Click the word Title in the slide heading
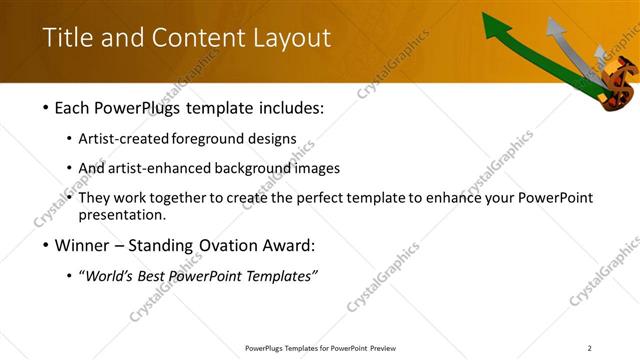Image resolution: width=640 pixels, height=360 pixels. click(65, 38)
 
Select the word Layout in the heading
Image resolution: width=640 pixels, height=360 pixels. click(290, 38)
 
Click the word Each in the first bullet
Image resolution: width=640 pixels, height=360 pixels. click(73, 107)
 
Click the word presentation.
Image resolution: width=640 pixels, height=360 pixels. click(121, 214)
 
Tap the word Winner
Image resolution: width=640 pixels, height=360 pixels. click(83, 245)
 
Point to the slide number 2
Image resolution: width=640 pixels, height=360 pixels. click(590, 347)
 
